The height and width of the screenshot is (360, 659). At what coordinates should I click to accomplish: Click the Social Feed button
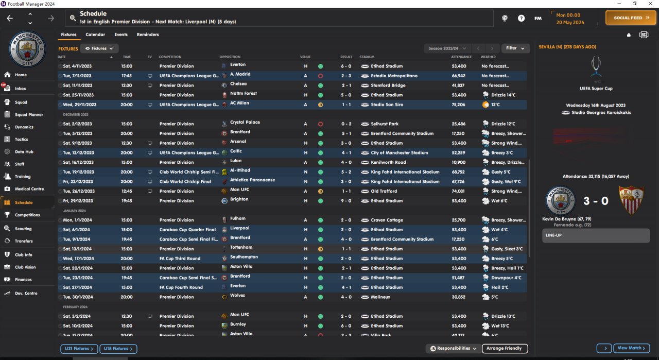point(631,18)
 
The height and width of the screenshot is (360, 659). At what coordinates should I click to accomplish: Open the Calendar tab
point(95,35)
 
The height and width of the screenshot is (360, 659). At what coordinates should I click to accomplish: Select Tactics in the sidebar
point(22,140)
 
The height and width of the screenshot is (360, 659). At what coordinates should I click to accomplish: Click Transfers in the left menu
point(24,241)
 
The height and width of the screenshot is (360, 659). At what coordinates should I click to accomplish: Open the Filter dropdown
point(515,48)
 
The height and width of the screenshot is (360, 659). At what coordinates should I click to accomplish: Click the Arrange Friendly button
point(505,349)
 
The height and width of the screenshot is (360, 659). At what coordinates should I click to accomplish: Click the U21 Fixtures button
point(79,349)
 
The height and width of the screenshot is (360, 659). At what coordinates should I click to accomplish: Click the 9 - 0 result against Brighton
point(346,201)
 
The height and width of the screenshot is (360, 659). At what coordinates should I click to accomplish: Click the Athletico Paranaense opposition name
point(252,180)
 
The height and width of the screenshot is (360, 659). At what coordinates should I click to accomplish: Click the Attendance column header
point(461,57)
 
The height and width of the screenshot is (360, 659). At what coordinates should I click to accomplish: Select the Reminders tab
point(148,35)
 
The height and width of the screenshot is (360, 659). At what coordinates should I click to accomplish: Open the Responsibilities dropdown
point(454,349)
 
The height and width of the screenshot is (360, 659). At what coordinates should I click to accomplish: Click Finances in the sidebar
point(23,280)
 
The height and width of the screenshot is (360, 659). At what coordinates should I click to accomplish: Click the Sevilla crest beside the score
point(630,201)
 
